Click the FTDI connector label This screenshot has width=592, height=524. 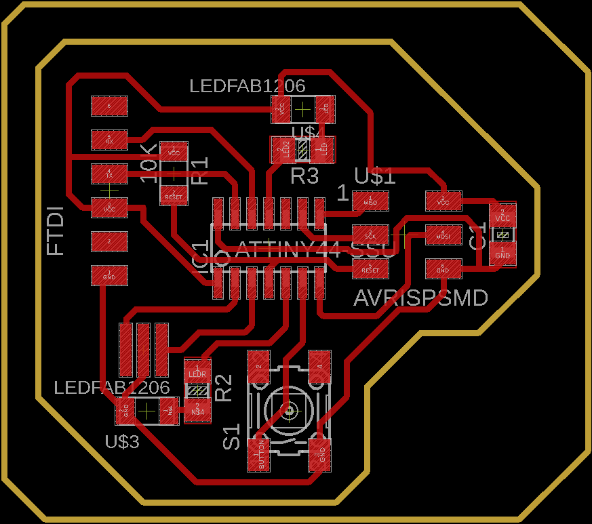pos(56,230)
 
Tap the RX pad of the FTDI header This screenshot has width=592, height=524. pos(109,140)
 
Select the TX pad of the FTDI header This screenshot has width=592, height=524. pos(109,174)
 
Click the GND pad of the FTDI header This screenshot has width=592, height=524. pos(109,275)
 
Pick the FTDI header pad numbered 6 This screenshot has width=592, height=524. pos(109,105)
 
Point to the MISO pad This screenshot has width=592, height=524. pos(370,201)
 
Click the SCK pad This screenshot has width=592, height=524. pos(370,235)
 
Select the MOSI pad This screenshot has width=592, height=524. pos(443,235)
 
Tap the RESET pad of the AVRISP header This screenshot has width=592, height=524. pos(370,269)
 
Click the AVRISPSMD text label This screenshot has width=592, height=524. pos(420,298)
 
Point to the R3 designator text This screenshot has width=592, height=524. pos(304,177)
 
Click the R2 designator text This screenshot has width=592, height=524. pos(223,387)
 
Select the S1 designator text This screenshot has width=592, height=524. pos(232,437)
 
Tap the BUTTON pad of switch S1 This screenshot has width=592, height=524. pos(258,455)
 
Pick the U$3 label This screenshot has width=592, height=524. pos(122,442)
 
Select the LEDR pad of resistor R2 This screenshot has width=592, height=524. pos(197,371)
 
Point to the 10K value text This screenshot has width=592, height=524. pos(148,163)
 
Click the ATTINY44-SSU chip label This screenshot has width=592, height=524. pos(315,249)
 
